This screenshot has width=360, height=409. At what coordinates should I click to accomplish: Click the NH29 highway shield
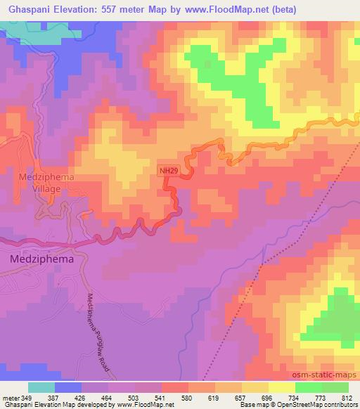tap(166, 169)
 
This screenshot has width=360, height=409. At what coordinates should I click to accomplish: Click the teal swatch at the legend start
tap(41, 387)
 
